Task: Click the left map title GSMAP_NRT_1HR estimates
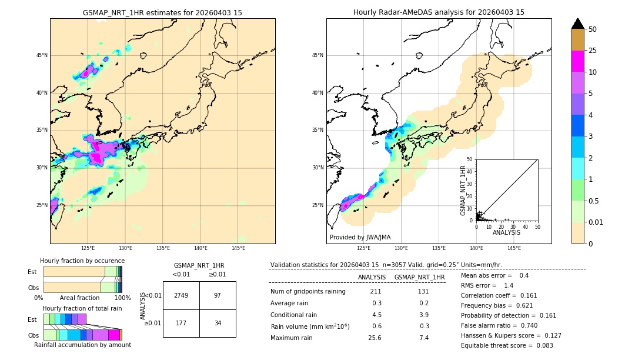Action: pos(162,12)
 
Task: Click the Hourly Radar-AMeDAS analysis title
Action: pos(439,12)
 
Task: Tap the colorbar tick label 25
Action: pos(593,51)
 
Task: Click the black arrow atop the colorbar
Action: pos(578,24)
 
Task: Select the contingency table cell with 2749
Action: pos(181,295)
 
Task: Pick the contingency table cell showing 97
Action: pos(218,295)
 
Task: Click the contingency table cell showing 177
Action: pos(181,323)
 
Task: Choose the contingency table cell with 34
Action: pos(218,323)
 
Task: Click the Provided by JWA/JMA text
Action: pos(360,237)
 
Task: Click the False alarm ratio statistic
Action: pos(507,325)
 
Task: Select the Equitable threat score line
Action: pos(507,345)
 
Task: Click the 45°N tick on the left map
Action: pos(42,55)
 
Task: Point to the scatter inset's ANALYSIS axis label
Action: pos(506,232)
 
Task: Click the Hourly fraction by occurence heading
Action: pos(82,261)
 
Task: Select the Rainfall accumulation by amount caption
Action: pos(82,345)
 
